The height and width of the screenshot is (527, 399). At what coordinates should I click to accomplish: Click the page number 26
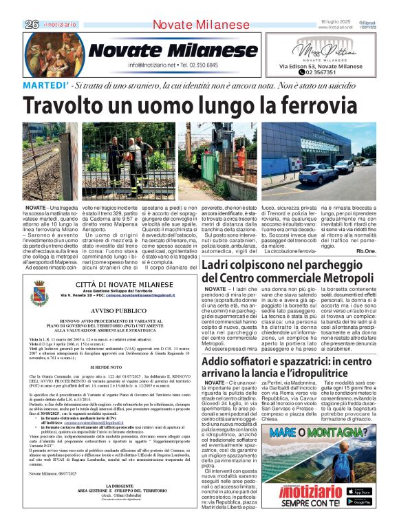point(32,24)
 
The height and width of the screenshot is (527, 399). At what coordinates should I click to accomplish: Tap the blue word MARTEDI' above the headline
point(45,85)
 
